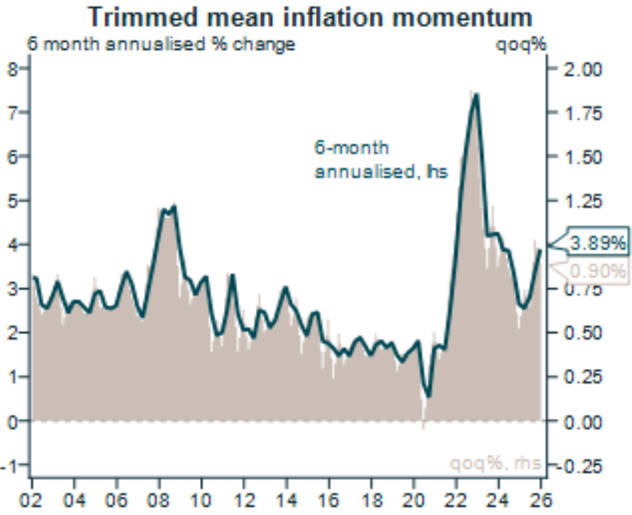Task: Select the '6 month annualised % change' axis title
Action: coord(160,44)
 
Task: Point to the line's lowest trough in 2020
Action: coord(428,394)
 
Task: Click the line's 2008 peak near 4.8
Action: coord(174,206)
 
